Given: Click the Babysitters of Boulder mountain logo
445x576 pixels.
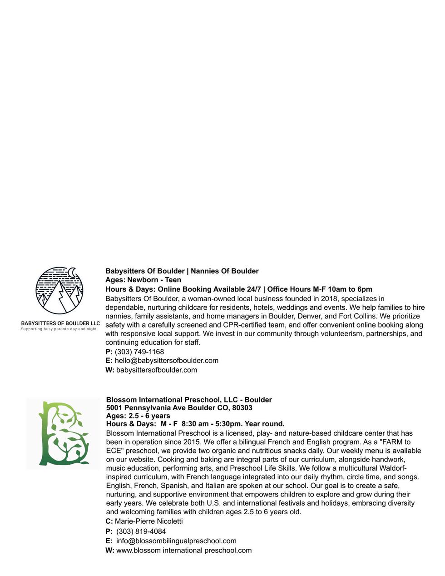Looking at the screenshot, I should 59,291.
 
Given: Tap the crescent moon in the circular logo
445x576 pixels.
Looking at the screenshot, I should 72,272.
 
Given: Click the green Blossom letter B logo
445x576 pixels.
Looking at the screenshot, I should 64,433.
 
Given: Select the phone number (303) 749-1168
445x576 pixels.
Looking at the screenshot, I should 139,352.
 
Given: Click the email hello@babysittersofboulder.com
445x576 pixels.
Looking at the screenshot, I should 166,360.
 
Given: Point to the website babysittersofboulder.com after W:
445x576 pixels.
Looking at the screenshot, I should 157,370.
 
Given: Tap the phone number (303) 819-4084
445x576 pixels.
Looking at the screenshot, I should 141,531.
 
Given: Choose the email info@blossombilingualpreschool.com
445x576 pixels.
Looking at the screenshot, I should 176,541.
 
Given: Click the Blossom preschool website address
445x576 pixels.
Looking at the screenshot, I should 184,550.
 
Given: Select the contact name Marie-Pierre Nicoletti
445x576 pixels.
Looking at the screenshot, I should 148,521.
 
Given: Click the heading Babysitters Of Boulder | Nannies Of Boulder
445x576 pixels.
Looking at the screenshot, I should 182,271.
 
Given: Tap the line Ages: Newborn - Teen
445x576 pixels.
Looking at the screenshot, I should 143,280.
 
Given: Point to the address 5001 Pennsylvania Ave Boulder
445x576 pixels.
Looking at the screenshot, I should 179,407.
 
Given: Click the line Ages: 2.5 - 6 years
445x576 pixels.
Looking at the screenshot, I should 138,416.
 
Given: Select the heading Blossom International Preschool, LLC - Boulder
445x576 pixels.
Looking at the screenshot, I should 189,400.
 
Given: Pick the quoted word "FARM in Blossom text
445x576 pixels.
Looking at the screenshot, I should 391,442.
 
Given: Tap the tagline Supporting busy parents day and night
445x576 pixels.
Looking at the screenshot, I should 59,329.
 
